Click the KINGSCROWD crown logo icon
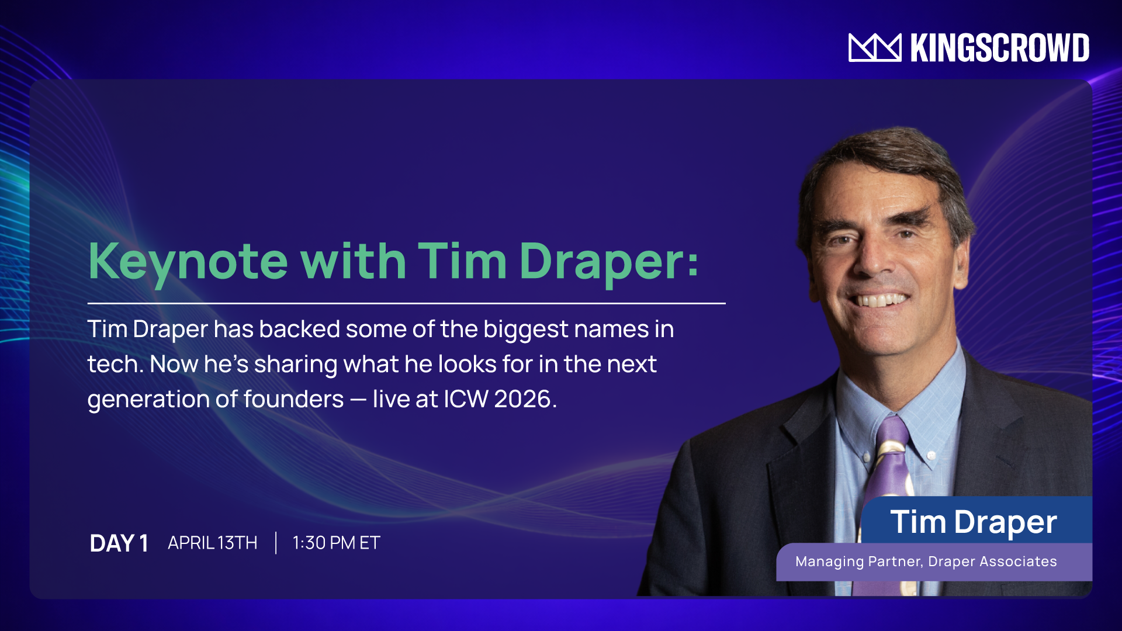875,47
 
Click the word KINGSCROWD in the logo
1000,48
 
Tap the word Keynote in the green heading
188,262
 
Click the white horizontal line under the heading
406,303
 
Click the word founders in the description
294,399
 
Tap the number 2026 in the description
522,399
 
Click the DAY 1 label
119,543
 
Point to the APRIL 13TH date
213,543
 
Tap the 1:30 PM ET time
336,543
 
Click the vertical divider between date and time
276,543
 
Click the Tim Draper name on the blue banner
974,522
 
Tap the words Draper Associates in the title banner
992,561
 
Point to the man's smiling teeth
881,301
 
